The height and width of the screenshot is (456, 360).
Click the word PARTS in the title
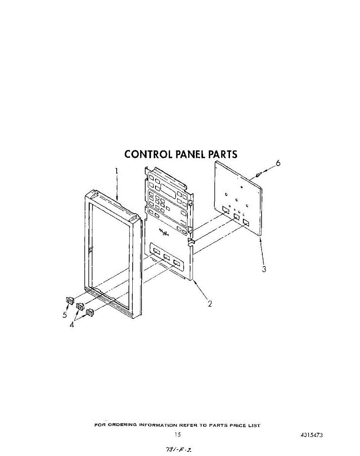tap(222, 154)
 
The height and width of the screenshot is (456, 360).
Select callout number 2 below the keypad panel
tap(209, 304)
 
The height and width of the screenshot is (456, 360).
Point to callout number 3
tap(264, 269)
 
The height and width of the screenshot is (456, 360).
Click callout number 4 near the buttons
tap(72, 325)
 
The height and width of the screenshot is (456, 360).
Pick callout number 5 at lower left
tap(65, 315)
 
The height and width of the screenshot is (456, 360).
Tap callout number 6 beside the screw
tap(278, 163)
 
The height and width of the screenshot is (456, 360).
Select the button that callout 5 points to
tap(69, 301)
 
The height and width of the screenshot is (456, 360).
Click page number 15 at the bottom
tap(178, 435)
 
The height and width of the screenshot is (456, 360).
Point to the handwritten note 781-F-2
tap(178, 449)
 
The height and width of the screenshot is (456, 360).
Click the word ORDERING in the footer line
tap(122, 426)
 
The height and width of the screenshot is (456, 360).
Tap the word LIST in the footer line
tap(254, 426)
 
